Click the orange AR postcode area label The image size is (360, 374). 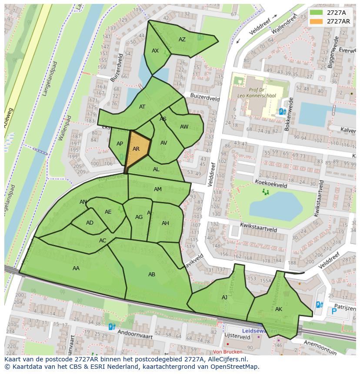(136, 149)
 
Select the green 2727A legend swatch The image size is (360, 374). (316, 13)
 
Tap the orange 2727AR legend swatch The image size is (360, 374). (316, 21)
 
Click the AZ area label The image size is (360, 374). (182, 40)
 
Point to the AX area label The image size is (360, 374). (155, 51)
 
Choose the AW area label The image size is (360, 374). (184, 127)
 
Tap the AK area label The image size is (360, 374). (279, 309)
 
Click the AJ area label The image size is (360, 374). (224, 298)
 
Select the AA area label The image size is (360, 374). (76, 268)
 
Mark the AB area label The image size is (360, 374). (152, 275)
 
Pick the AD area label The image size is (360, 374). (90, 223)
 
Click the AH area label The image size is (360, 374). (165, 223)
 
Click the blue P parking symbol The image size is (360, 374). (334, 311)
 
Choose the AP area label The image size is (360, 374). (120, 144)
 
